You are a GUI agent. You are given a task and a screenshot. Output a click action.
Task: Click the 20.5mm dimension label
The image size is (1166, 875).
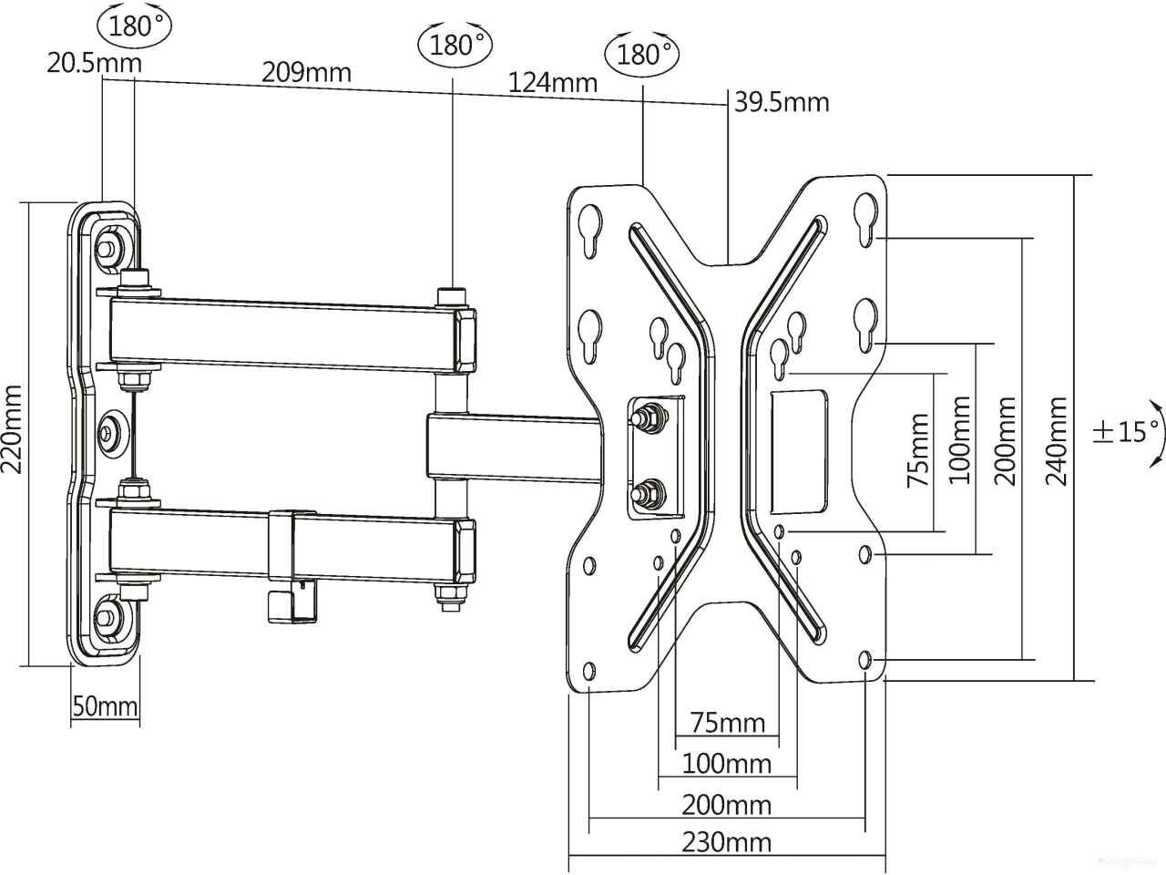(x=94, y=63)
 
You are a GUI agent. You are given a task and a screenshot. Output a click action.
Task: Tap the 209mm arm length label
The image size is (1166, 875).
(x=306, y=72)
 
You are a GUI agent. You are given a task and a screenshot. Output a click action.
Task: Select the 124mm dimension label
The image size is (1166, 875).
(x=552, y=82)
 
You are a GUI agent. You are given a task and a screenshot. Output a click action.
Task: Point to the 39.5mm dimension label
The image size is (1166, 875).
(x=782, y=102)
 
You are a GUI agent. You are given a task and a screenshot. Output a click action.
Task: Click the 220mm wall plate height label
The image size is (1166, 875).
(x=12, y=428)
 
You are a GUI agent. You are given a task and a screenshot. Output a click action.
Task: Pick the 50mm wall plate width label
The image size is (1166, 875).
(x=105, y=706)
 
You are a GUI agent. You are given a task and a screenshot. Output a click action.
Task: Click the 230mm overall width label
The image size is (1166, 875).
(x=726, y=842)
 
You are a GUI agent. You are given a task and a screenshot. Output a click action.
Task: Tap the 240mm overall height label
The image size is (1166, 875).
(x=1056, y=441)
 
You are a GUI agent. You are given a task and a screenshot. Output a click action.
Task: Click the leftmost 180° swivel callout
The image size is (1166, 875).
(x=135, y=25)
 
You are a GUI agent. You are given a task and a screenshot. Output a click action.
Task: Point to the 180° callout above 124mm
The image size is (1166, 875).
(x=642, y=54)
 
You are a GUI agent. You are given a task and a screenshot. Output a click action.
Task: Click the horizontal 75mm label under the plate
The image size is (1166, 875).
(x=727, y=723)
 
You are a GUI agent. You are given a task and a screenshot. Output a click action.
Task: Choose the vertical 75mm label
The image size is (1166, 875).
(x=918, y=449)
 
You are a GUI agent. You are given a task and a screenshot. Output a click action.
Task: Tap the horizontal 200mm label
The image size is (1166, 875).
(x=726, y=806)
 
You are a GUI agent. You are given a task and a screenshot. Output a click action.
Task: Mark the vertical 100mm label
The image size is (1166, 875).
(x=959, y=440)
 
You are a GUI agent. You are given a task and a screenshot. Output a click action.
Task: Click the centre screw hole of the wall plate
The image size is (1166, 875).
(x=110, y=431)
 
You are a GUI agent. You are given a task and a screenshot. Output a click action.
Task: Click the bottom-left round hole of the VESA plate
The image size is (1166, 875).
(x=589, y=672)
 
